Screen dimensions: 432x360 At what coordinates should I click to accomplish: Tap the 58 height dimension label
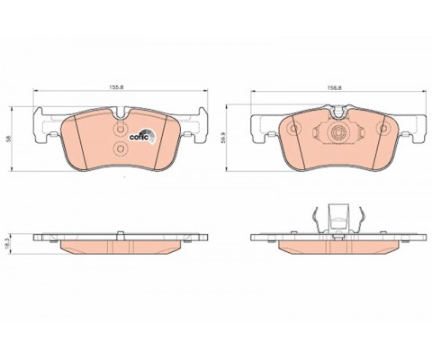9,139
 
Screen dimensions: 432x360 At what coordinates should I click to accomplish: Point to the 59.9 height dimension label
223,139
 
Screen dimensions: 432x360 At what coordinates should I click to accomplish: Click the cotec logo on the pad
142,136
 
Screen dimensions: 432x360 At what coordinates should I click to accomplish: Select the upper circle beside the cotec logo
121,130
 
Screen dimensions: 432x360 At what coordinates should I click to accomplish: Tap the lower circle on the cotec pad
121,148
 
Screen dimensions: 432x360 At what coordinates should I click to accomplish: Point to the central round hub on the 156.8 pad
337,133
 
